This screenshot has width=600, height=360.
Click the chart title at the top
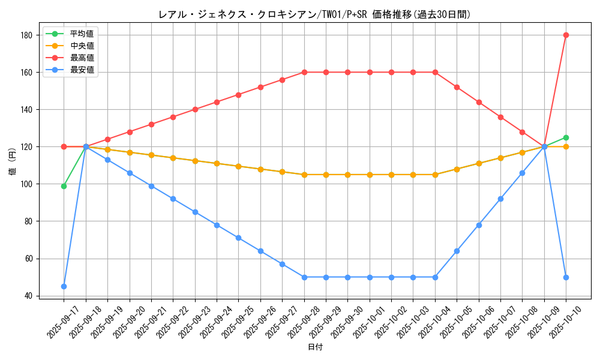(314, 14)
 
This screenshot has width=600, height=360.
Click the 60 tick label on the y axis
(28, 259)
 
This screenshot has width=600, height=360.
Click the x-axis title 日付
(315, 347)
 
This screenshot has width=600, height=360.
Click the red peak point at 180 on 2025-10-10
(566, 35)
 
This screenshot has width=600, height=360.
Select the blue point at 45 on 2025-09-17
(64, 286)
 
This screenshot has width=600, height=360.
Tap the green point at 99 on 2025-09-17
(64, 186)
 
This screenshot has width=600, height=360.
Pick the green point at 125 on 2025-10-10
(566, 137)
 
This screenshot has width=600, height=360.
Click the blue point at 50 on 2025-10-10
(566, 277)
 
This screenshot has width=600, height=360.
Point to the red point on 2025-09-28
(304, 72)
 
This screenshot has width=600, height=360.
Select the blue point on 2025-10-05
(457, 251)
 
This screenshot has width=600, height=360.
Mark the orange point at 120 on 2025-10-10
(566, 146)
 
